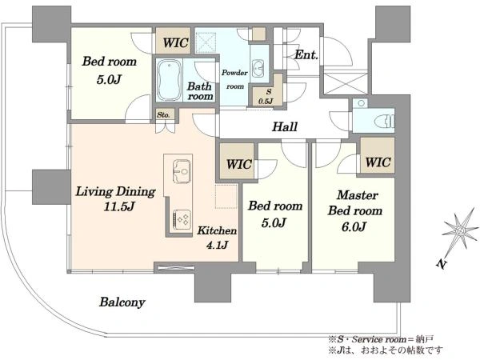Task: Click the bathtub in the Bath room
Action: [x=169, y=80]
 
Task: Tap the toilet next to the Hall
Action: [x=385, y=120]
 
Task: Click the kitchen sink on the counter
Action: [x=182, y=171]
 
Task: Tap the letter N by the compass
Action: [x=441, y=264]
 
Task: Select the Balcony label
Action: [x=122, y=302]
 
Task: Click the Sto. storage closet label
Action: [x=163, y=115]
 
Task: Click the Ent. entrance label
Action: [x=306, y=55]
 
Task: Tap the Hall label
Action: [x=285, y=126]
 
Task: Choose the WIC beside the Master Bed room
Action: [x=378, y=162]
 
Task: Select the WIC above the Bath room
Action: [x=175, y=42]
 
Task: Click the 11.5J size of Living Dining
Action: [x=119, y=206]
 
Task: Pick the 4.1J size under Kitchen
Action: [x=217, y=246]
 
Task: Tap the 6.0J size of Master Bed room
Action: [x=354, y=227]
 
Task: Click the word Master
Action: [x=358, y=195]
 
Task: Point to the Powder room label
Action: [x=234, y=79]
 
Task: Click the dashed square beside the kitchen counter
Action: [x=226, y=196]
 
